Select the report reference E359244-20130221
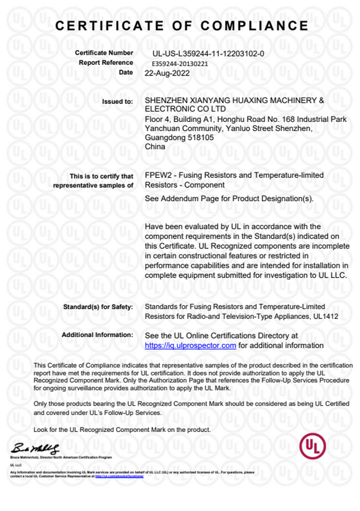point(180,63)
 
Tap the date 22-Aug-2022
point(167,73)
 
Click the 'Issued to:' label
point(117,102)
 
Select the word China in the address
point(155,147)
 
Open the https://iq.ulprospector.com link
point(190,346)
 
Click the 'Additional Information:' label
point(97,335)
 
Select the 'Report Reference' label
point(106,63)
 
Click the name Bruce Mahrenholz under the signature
point(21,457)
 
